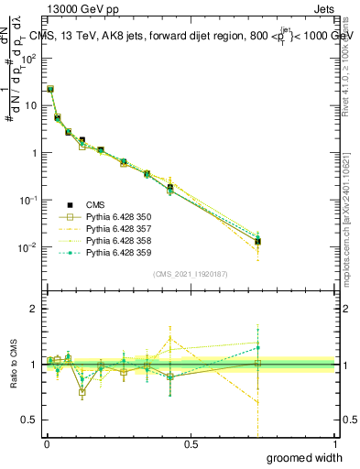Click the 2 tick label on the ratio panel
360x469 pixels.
(34, 309)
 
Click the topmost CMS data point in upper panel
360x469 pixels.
(50, 90)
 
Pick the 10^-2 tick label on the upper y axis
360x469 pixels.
(29, 247)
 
